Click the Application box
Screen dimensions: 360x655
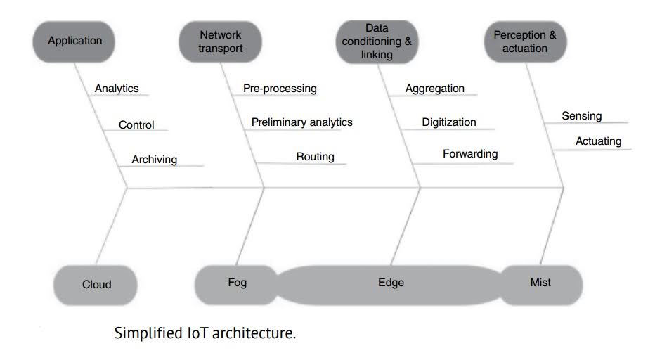(x=74, y=41)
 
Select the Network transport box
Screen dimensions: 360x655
(x=221, y=41)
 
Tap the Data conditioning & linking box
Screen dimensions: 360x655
(x=377, y=41)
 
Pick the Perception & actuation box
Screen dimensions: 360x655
(x=520, y=41)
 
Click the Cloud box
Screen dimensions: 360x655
(x=92, y=285)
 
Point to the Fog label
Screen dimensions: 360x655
(x=238, y=283)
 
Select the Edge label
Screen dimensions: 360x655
(x=391, y=283)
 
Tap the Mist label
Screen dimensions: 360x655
(x=540, y=283)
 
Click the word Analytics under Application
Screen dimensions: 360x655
(x=117, y=89)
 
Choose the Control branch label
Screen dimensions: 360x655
(x=136, y=125)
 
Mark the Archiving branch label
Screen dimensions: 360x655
(x=155, y=160)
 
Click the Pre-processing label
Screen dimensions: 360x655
(x=280, y=89)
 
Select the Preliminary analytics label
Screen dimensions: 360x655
(x=302, y=122)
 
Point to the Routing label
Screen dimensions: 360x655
(x=315, y=156)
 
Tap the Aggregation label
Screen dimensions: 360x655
(x=435, y=89)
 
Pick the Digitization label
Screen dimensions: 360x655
(x=449, y=122)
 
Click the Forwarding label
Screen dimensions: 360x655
(x=470, y=153)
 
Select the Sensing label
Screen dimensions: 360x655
(x=582, y=116)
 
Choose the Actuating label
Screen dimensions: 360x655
(x=599, y=141)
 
